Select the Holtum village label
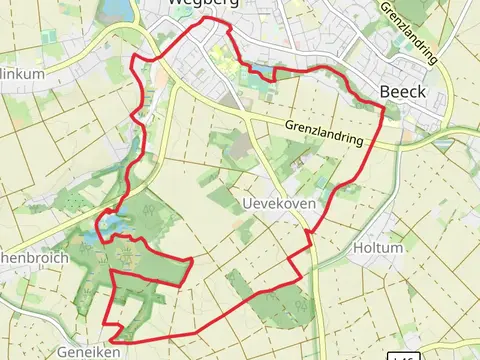pyautogui.click(x=378, y=247)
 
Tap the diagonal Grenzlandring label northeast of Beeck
pyautogui.click(x=409, y=32)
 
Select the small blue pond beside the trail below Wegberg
pyautogui.click(x=263, y=72)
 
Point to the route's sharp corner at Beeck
pyautogui.click(x=384, y=105)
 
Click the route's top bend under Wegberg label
pyautogui.click(x=206, y=19)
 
